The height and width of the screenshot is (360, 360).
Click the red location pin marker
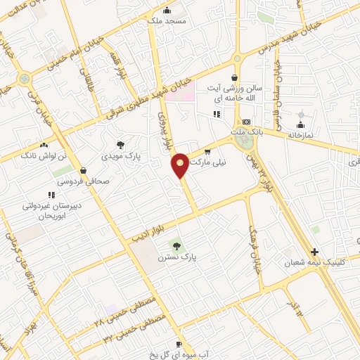(x=180, y=165)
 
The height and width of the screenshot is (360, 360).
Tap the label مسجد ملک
(x=165, y=22)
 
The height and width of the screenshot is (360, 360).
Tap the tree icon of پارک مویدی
(x=121, y=144)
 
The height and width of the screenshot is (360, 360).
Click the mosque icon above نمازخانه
(x=301, y=115)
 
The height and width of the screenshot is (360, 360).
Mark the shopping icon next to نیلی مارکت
(x=207, y=151)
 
